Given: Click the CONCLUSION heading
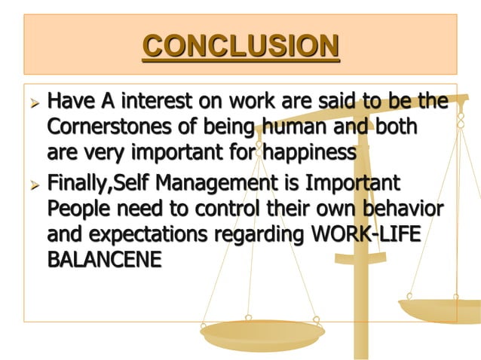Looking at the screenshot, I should [240, 47].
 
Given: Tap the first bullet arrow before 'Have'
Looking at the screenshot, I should [32, 101].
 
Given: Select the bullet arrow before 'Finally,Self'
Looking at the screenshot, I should [32, 184].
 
